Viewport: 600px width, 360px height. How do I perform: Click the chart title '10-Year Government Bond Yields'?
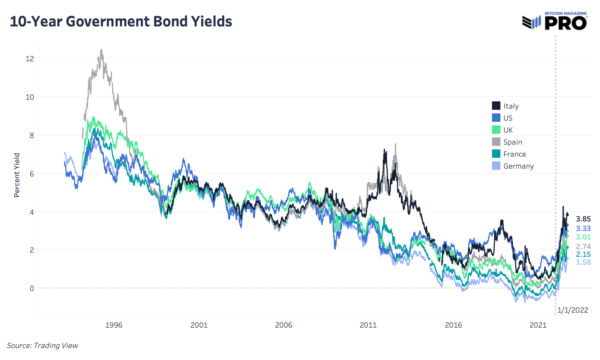click(x=121, y=22)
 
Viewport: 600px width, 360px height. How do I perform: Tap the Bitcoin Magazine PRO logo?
click(x=555, y=21)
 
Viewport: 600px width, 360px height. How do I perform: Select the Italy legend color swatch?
click(x=496, y=106)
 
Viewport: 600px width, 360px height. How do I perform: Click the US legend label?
click(x=508, y=118)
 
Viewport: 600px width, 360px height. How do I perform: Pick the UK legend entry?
click(x=508, y=130)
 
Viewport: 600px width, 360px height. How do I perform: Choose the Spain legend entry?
click(x=512, y=142)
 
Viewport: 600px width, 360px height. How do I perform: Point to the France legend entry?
click(x=514, y=154)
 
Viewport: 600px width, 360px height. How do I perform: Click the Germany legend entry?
click(x=518, y=166)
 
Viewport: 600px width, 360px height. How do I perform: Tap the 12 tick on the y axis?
click(x=30, y=58)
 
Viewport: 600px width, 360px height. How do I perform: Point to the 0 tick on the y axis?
click(x=31, y=288)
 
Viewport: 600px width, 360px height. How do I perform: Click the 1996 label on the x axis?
click(x=114, y=325)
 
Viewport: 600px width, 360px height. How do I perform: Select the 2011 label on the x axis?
click(x=368, y=325)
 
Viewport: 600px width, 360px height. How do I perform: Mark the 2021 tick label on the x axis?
click(x=538, y=325)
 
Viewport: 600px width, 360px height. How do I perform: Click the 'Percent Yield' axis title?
click(x=17, y=175)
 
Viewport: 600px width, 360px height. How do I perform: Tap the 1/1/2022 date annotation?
click(x=573, y=310)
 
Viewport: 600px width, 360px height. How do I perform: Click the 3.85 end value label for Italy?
click(x=583, y=219)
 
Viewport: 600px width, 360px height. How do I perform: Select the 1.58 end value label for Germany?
click(x=583, y=262)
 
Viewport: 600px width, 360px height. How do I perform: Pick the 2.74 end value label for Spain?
click(x=583, y=247)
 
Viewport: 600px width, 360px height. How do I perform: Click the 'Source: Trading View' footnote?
click(x=42, y=346)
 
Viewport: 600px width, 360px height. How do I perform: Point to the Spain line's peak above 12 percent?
click(x=101, y=50)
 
